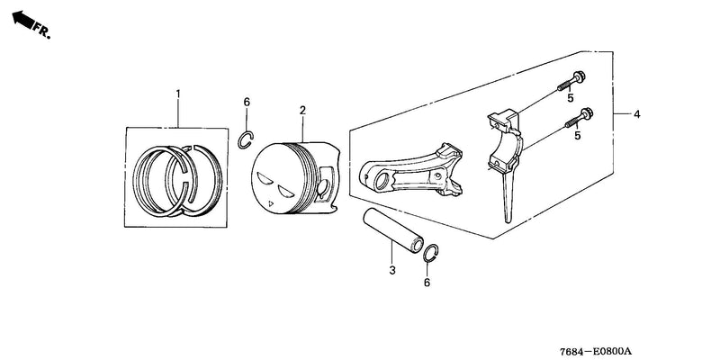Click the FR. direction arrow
pyautogui.click(x=24, y=19)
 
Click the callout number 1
pyautogui.click(x=178, y=94)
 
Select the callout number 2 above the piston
pyautogui.click(x=302, y=110)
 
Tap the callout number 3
pyautogui.click(x=392, y=271)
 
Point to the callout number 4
pyautogui.click(x=637, y=114)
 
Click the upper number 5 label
pyautogui.click(x=571, y=98)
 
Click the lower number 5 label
pyautogui.click(x=578, y=136)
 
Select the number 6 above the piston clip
pyautogui.click(x=247, y=102)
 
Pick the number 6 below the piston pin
pyautogui.click(x=427, y=283)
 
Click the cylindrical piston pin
pyautogui.click(x=393, y=231)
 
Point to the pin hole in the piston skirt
pyautogui.click(x=323, y=186)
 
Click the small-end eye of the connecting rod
pyautogui.click(x=380, y=181)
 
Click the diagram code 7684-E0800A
pyautogui.click(x=596, y=351)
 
